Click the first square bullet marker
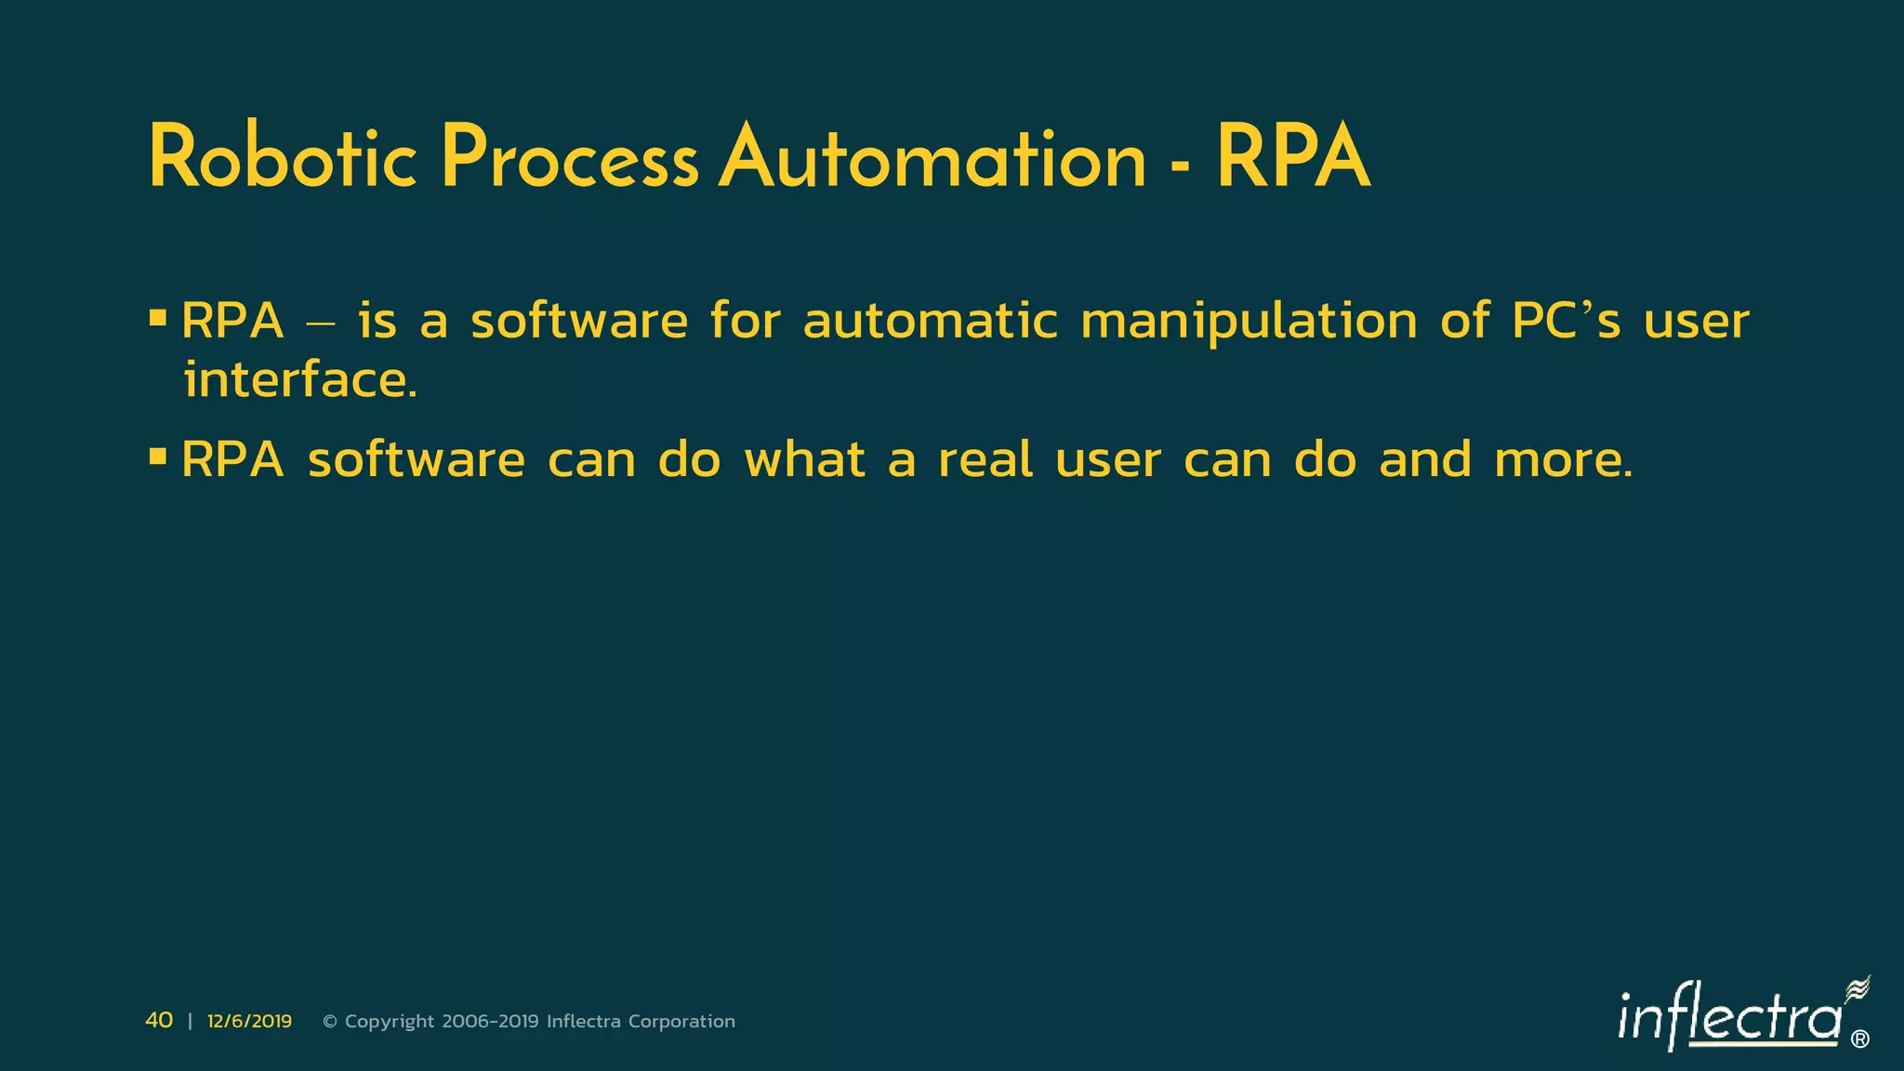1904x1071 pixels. pyautogui.click(x=158, y=319)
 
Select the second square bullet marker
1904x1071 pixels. pyautogui.click(x=158, y=456)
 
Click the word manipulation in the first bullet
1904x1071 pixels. pyautogui.click(x=1249, y=322)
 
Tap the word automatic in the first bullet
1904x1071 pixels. pyautogui.click(x=930, y=322)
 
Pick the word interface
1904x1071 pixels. pyautogui.click(x=299, y=381)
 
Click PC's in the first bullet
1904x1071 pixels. pyautogui.click(x=1566, y=322)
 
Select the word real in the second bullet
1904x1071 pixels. pyautogui.click(x=985, y=460)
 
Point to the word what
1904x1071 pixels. pyautogui.click(x=805, y=460)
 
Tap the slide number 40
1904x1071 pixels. pyautogui.click(x=159, y=1020)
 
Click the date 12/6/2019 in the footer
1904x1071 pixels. pyautogui.click(x=249, y=1021)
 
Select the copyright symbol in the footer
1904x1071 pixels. pyautogui.click(x=330, y=1021)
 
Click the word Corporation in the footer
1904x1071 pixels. pyautogui.click(x=681, y=1021)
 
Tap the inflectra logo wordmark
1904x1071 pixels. pyautogui.click(x=1729, y=1019)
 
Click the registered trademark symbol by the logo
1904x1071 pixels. pyautogui.click(x=1860, y=1039)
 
